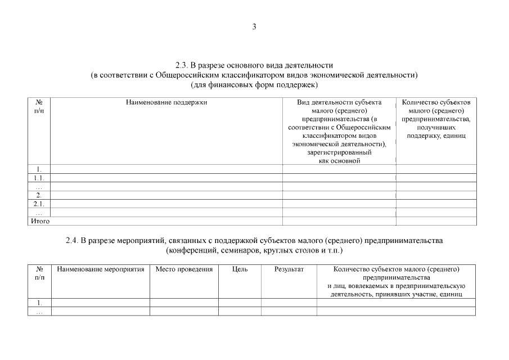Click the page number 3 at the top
(254, 26)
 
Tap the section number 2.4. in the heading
(71, 240)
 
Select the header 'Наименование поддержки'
(166, 102)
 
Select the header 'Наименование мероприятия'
(101, 269)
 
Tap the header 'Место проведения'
(184, 269)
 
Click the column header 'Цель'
(240, 269)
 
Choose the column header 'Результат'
(289, 269)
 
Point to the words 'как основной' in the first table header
(339, 161)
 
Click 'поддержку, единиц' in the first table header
(436, 136)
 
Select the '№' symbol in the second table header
(39, 269)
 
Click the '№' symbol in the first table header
(39, 102)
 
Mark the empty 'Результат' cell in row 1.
(289, 303)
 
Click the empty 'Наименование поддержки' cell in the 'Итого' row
(166, 221)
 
